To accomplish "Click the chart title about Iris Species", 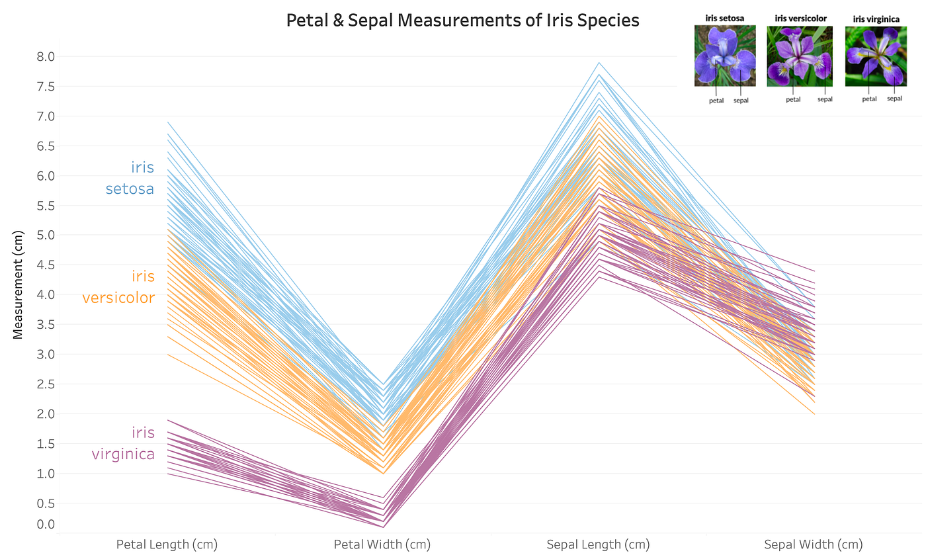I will click(x=462, y=21).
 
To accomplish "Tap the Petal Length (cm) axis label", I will click(x=167, y=545).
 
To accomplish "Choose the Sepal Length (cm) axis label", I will click(x=598, y=545).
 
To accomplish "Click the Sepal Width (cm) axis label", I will click(x=814, y=545).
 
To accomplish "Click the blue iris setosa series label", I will click(x=130, y=178).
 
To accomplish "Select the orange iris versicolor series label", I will click(x=119, y=286).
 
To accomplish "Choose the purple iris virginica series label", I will click(x=123, y=443).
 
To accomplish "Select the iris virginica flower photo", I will click(x=876, y=56).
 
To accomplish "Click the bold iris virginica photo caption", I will click(x=876, y=19).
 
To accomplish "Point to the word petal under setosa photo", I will click(x=716, y=101).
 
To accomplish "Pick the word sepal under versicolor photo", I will click(x=825, y=99).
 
